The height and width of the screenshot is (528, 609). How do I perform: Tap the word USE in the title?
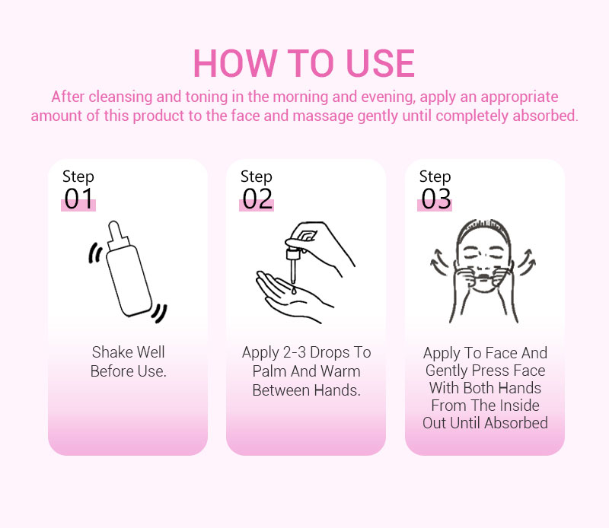pyautogui.click(x=380, y=63)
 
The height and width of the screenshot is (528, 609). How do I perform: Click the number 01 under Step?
pyautogui.click(x=78, y=199)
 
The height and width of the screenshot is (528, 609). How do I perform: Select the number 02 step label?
pyautogui.click(x=257, y=199)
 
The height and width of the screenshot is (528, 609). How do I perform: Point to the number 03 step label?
pyautogui.click(x=435, y=199)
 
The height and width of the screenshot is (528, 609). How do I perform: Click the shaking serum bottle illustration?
pyautogui.click(x=127, y=272)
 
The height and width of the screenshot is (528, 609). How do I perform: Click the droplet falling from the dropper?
pyautogui.click(x=294, y=290)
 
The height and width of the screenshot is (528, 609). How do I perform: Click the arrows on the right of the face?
pyautogui.click(x=526, y=261)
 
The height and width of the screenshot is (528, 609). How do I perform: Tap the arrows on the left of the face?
pyautogui.click(x=440, y=261)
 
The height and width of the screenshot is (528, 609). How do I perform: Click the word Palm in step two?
pyautogui.click(x=270, y=371)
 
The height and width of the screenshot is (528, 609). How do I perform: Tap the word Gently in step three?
pyautogui.click(x=446, y=371)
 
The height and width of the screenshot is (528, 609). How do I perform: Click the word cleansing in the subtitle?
pyautogui.click(x=120, y=97)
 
